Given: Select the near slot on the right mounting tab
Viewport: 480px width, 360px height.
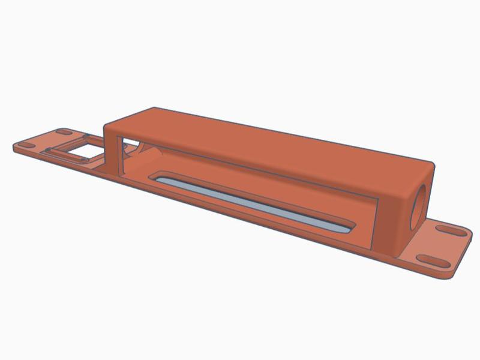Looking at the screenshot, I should coord(430,260).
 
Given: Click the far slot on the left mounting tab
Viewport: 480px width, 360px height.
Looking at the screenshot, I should coord(63,132).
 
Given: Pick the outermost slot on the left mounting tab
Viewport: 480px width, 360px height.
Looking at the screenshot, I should coord(27,146).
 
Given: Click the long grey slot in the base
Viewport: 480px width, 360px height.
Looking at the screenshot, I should coord(252,201).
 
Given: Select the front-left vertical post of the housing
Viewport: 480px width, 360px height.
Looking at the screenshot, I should coord(113,150).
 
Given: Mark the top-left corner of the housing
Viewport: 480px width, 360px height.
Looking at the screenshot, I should coord(107,127).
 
